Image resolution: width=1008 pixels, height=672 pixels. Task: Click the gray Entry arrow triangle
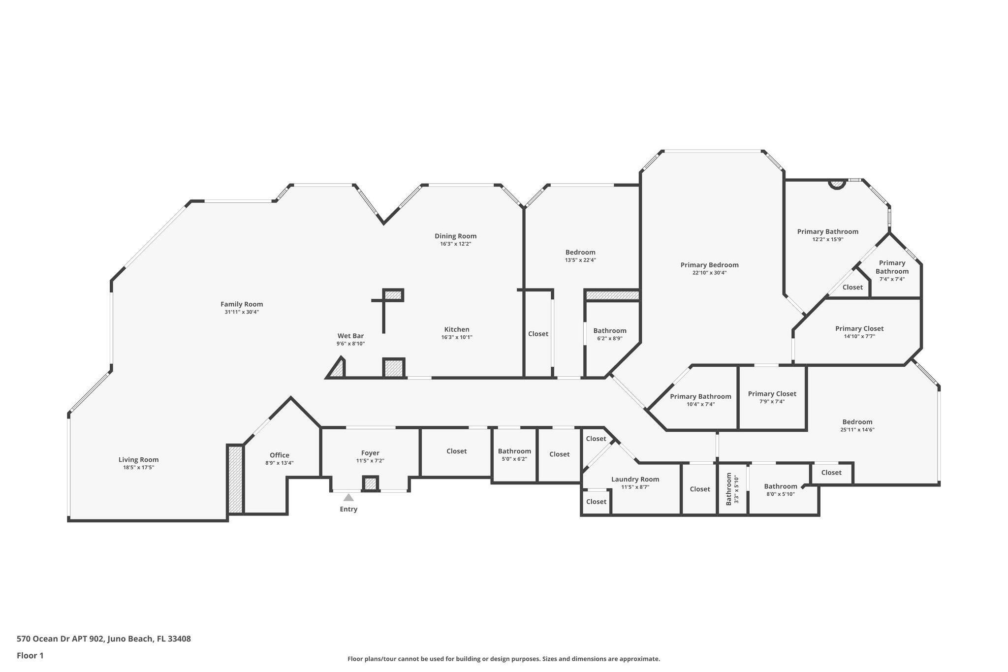(348, 497)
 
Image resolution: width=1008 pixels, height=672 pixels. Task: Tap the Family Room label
(241, 304)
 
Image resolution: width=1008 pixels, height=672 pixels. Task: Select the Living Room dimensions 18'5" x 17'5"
(139, 468)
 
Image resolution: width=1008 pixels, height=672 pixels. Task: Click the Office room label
(280, 455)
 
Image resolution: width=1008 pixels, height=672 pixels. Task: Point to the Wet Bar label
(350, 336)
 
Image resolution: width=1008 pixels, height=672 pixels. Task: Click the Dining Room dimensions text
(456, 244)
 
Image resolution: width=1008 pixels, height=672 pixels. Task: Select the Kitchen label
(457, 329)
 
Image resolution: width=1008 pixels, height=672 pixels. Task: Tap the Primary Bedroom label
(709, 265)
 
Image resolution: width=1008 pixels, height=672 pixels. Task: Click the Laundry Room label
(635, 479)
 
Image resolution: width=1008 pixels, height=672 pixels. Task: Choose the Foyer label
(370, 453)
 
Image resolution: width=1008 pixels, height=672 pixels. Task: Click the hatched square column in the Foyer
(370, 483)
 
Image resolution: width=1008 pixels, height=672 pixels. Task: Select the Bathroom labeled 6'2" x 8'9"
(610, 331)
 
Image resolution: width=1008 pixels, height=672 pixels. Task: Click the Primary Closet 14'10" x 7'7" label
(859, 328)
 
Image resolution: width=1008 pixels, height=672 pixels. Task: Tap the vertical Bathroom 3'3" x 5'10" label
(729, 489)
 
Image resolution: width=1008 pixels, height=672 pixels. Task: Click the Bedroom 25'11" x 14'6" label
(857, 422)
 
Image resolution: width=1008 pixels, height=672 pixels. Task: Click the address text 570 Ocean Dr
(104, 639)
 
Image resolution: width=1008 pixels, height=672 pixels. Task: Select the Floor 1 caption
(30, 655)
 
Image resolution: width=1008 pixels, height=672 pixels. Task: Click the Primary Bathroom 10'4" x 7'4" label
(700, 396)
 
